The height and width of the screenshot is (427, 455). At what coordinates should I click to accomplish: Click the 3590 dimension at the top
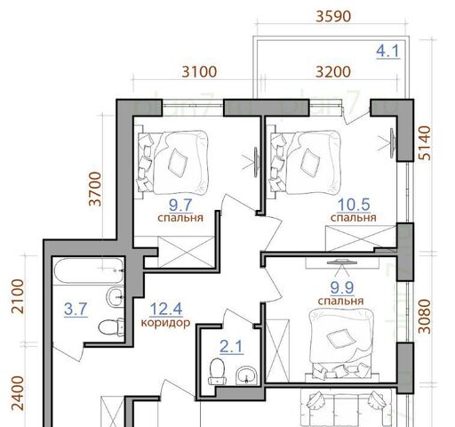[x=333, y=16]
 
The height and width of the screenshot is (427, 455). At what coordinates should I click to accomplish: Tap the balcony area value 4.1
[x=387, y=51]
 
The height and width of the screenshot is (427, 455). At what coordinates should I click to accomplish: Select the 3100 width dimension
[x=199, y=72]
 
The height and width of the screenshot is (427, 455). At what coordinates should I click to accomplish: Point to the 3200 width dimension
[x=333, y=72]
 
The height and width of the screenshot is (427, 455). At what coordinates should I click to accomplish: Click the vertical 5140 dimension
[x=425, y=143]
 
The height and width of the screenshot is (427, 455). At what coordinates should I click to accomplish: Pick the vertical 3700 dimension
[x=95, y=189]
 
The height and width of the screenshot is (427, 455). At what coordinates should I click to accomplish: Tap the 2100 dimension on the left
[x=18, y=296]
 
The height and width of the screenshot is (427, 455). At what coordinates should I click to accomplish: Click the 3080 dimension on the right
[x=425, y=317]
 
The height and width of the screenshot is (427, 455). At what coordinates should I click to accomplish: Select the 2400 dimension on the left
[x=18, y=393]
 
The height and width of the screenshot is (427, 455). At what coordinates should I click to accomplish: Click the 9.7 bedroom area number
[x=180, y=205]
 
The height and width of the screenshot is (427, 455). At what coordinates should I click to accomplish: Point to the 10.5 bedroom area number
[x=354, y=205]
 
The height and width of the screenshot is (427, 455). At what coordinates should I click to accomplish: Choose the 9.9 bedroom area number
[x=342, y=287]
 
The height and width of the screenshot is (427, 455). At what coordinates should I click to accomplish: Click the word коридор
[x=165, y=322]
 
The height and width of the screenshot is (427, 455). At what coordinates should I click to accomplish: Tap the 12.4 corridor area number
[x=166, y=309]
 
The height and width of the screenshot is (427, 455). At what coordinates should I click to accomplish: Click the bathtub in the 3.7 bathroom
[x=89, y=270]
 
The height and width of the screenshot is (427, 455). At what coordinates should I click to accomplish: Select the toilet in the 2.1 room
[x=217, y=371]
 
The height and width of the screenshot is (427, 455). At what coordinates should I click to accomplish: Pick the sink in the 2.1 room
[x=246, y=375]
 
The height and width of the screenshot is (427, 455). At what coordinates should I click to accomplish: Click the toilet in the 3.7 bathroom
[x=111, y=327]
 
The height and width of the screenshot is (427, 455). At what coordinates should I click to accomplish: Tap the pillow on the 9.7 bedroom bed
[x=178, y=164]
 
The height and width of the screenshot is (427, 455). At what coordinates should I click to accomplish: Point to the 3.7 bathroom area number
[x=76, y=309]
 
